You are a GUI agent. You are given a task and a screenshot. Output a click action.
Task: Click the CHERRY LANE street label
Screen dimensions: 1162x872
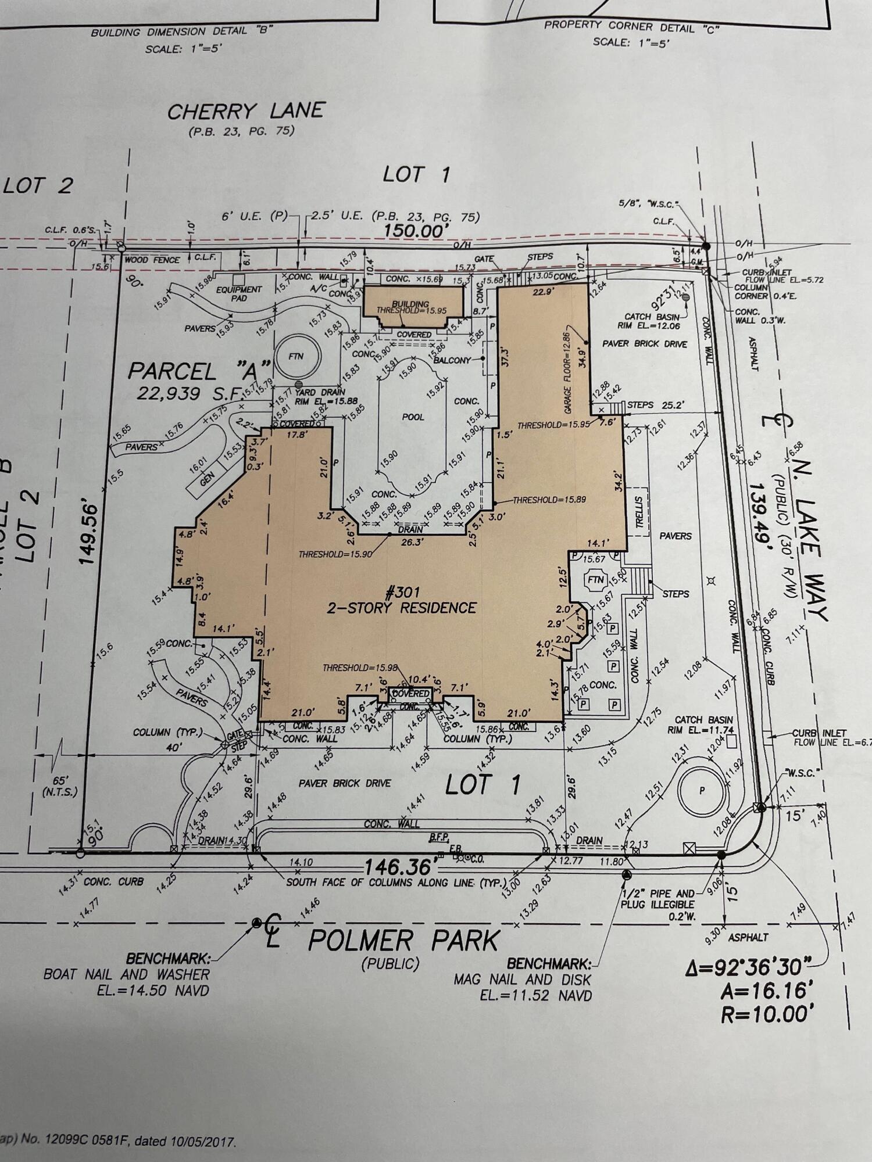click(245, 111)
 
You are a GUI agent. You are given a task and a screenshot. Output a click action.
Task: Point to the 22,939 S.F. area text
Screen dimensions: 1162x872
click(190, 394)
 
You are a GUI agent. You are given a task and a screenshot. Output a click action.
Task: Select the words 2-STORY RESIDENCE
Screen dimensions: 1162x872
click(402, 608)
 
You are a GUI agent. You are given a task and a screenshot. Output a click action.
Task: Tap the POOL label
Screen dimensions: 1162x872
click(413, 417)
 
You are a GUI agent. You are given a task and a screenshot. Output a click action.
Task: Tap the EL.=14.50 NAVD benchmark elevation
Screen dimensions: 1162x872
click(153, 990)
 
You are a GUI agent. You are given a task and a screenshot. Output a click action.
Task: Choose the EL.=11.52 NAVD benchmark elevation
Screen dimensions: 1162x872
click(535, 995)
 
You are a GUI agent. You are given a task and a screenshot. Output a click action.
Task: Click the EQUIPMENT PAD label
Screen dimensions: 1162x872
click(239, 293)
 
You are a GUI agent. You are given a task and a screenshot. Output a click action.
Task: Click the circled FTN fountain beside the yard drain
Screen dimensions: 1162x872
click(296, 356)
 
